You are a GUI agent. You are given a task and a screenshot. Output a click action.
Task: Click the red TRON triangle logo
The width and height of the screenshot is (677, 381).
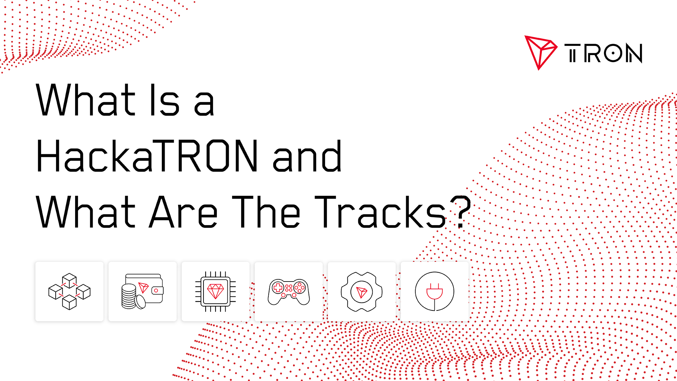click(539, 52)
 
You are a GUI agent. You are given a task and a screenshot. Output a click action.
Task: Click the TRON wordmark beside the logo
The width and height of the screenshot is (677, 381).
click(603, 53)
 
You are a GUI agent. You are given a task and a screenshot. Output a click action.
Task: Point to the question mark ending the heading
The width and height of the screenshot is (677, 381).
click(462, 211)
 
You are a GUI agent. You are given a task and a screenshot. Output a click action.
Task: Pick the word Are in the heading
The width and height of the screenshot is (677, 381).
click(183, 212)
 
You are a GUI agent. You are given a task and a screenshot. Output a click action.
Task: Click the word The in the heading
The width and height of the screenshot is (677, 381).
click(266, 212)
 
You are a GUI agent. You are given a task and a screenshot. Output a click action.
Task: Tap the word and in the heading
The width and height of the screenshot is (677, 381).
click(307, 156)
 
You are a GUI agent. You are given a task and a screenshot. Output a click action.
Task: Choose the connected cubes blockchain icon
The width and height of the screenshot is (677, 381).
click(69, 291)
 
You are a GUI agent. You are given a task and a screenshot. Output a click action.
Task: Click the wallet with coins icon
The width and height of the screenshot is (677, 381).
click(142, 291)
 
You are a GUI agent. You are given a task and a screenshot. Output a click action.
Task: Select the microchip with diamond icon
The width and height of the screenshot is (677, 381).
click(215, 291)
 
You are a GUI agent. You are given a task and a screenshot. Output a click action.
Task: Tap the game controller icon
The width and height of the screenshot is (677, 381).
click(289, 292)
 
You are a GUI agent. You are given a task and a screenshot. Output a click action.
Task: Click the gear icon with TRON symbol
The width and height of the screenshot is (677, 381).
click(362, 292)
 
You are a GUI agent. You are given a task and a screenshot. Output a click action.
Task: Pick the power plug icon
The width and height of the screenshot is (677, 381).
click(434, 291)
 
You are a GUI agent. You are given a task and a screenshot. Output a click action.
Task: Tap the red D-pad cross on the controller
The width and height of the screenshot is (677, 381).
click(278, 287)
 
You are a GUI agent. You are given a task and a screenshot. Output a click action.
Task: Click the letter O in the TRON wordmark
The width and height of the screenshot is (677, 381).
click(613, 53)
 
